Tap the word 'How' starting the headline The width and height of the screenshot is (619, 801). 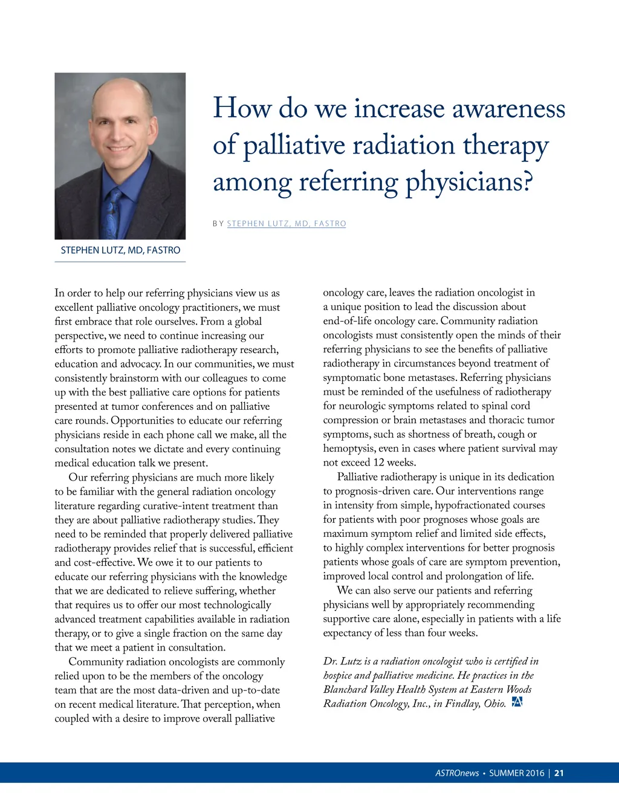[242, 109]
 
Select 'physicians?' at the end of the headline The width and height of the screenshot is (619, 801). [469, 183]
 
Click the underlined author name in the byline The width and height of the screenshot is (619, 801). [287, 224]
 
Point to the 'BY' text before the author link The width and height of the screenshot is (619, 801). [218, 224]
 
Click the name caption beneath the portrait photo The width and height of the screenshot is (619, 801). [120, 250]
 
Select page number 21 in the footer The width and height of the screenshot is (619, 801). [559, 773]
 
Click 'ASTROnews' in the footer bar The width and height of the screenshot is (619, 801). [457, 773]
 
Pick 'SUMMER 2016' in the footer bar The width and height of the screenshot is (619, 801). [516, 773]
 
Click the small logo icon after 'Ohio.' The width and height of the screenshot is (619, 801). [517, 702]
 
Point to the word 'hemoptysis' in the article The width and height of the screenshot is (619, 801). [349, 449]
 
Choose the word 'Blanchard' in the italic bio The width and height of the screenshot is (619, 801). [346, 690]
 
